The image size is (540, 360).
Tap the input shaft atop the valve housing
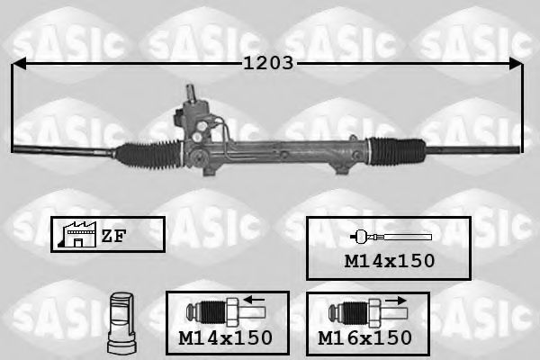pyautogui.click(x=192, y=93)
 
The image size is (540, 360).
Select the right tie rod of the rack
pyautogui.click(x=472, y=147)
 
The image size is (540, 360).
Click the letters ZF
pyautogui.click(x=112, y=236)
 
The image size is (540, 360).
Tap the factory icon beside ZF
pyautogui.click(x=74, y=235)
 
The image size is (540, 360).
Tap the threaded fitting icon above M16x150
pyautogui.click(x=360, y=313)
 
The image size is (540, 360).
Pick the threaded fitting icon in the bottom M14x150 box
pyautogui.click(x=221, y=313)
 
